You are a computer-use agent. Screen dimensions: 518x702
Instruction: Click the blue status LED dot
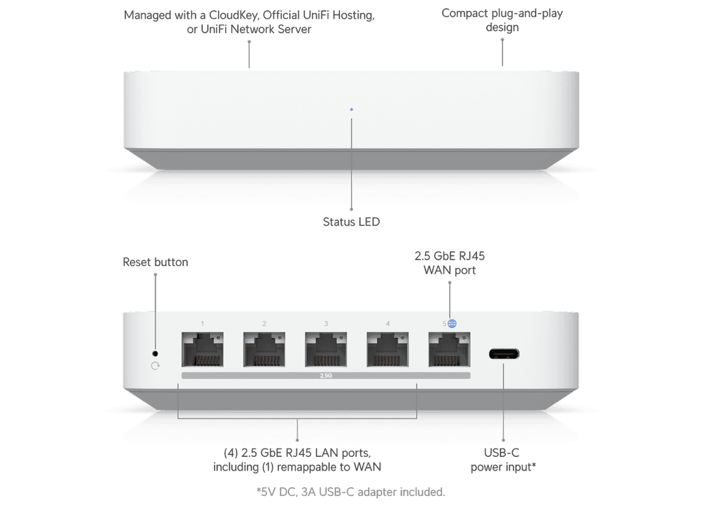point(352,108)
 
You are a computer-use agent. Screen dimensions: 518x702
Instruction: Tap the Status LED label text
point(351,222)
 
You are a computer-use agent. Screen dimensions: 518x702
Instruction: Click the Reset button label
point(155,261)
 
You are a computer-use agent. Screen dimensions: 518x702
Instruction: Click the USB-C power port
point(505,354)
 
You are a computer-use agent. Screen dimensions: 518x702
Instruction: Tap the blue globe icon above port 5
point(452,323)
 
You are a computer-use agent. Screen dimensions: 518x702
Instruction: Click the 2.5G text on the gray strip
point(326,376)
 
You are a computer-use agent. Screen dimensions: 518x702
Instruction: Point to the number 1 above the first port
point(202,323)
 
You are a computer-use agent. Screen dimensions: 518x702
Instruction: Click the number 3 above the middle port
point(326,323)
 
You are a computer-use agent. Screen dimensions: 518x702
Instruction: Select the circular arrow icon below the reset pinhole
point(154,366)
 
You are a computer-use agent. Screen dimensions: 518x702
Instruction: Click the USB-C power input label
point(503,460)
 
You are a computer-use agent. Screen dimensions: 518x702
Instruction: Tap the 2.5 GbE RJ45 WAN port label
point(450,263)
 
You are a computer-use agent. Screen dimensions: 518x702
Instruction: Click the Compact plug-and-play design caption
point(503,21)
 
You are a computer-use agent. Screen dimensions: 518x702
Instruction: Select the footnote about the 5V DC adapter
point(350,491)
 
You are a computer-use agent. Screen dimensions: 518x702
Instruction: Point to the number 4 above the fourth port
point(387,323)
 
